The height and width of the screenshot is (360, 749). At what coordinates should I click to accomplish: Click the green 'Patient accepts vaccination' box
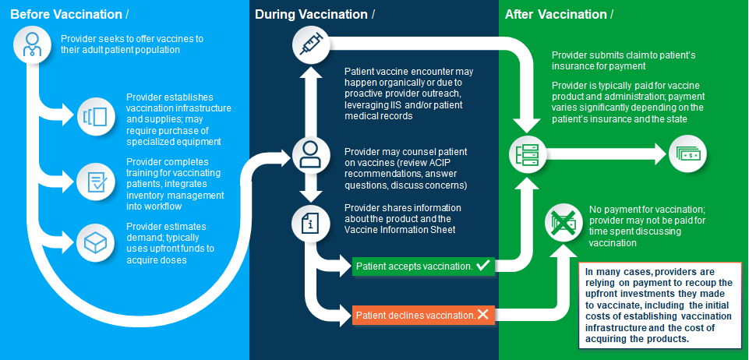(423, 266)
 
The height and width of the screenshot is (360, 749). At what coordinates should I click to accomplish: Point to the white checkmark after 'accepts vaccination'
(482, 266)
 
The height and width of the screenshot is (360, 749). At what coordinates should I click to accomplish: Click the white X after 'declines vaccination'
(482, 315)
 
